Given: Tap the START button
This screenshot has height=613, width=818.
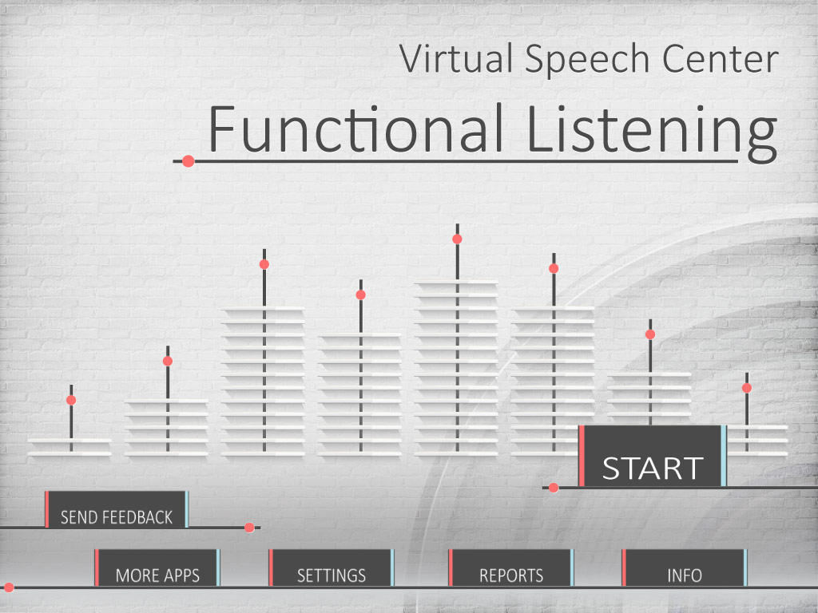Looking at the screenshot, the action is click(x=652, y=456).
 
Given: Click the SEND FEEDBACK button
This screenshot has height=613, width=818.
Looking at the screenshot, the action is click(x=117, y=509).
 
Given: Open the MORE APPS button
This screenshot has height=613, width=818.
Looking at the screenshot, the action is click(x=157, y=568).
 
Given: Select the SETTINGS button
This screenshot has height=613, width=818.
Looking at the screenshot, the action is click(x=332, y=568).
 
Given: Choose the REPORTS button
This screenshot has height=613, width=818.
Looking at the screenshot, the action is click(x=511, y=568).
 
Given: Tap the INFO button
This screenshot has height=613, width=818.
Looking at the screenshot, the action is click(x=685, y=568).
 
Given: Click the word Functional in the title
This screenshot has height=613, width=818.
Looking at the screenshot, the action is click(x=356, y=129).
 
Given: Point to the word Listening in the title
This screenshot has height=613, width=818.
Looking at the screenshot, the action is click(x=652, y=133).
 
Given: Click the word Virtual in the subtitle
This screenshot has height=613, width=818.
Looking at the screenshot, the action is click(x=456, y=57).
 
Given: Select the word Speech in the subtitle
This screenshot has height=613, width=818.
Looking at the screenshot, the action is click(x=587, y=61).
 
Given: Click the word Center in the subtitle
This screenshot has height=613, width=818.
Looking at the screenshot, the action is click(x=721, y=58).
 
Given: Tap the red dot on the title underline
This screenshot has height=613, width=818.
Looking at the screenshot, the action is click(x=189, y=161).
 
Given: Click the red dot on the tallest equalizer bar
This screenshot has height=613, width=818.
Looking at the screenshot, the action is click(x=457, y=239).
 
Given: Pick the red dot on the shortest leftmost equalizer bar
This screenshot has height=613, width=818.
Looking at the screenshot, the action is click(x=71, y=401).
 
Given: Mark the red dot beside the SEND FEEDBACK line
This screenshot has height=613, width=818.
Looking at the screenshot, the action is click(x=249, y=528).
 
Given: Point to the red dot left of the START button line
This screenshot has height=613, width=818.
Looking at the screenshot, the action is click(x=554, y=488).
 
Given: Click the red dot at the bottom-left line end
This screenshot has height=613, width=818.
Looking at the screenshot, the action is click(x=9, y=587).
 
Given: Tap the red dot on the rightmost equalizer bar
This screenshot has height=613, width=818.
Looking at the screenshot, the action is click(x=747, y=388).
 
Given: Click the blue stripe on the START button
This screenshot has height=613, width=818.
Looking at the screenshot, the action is click(x=724, y=456).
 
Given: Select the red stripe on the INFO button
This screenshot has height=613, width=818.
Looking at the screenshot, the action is click(x=624, y=568).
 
